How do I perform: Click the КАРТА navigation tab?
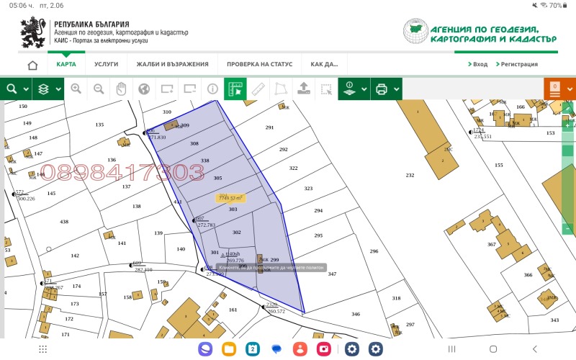tap(66, 64)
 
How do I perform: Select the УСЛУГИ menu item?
tap(106, 64)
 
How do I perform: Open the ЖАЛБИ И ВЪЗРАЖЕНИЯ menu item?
tap(172, 64)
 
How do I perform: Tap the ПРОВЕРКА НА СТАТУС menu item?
tap(259, 64)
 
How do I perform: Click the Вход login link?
tap(477, 64)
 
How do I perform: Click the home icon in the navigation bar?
tap(32, 65)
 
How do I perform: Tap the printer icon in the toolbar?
tap(381, 89)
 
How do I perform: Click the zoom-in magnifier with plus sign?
tap(76, 89)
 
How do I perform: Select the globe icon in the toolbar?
tap(144, 89)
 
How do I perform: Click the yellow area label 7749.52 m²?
tap(231, 197)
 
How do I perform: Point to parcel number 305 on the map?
tap(217, 177)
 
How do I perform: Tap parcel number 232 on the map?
tap(410, 175)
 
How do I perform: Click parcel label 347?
tap(331, 274)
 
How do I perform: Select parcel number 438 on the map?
tap(64, 222)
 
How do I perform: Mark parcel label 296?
tap(374, 251)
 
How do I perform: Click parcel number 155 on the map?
tap(498, 165)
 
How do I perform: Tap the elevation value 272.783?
tap(206, 225)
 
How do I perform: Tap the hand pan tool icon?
tap(121, 89)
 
